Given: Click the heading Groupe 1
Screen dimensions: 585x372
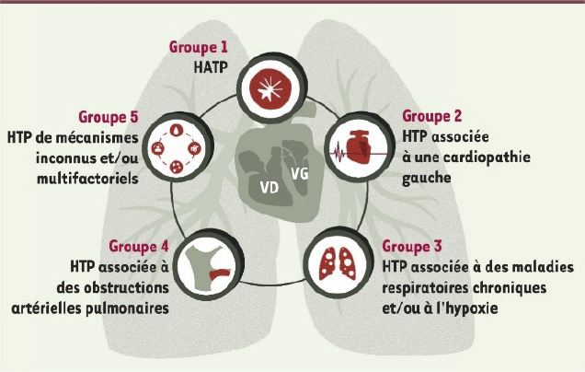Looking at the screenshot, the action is pos(198,48).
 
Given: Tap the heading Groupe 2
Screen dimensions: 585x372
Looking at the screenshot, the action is pos(431,117).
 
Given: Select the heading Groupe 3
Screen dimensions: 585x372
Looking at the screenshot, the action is pos(412,247).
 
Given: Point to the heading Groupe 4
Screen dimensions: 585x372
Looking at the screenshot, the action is pos(139,247).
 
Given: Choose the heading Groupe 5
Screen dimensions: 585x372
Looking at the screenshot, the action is pos(109,117).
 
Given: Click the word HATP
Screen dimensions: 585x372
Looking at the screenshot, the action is pos(211,67).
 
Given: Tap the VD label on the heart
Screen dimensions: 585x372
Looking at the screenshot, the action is pos(270,188).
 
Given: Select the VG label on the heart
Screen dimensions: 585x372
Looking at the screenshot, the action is pos(300,174).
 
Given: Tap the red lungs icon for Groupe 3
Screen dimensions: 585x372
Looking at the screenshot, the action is pos(338,263).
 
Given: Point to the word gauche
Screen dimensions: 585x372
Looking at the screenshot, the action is pos(426,178).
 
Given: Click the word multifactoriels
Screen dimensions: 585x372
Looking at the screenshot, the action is pos(87,178).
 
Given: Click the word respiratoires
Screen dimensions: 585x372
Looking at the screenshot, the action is pos(425,288).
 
